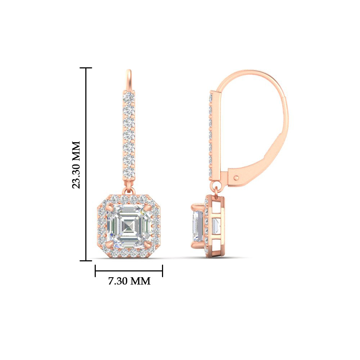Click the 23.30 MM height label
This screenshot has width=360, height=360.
coord(76,165)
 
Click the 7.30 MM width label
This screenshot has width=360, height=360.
coord(129,281)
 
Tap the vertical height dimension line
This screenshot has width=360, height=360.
coord(86,165)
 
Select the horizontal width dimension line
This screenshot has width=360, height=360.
coord(129,271)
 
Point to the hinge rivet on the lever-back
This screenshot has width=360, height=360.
coord(236,177)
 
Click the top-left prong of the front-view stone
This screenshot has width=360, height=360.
coord(110,209)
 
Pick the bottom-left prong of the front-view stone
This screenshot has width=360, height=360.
coord(110,245)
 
